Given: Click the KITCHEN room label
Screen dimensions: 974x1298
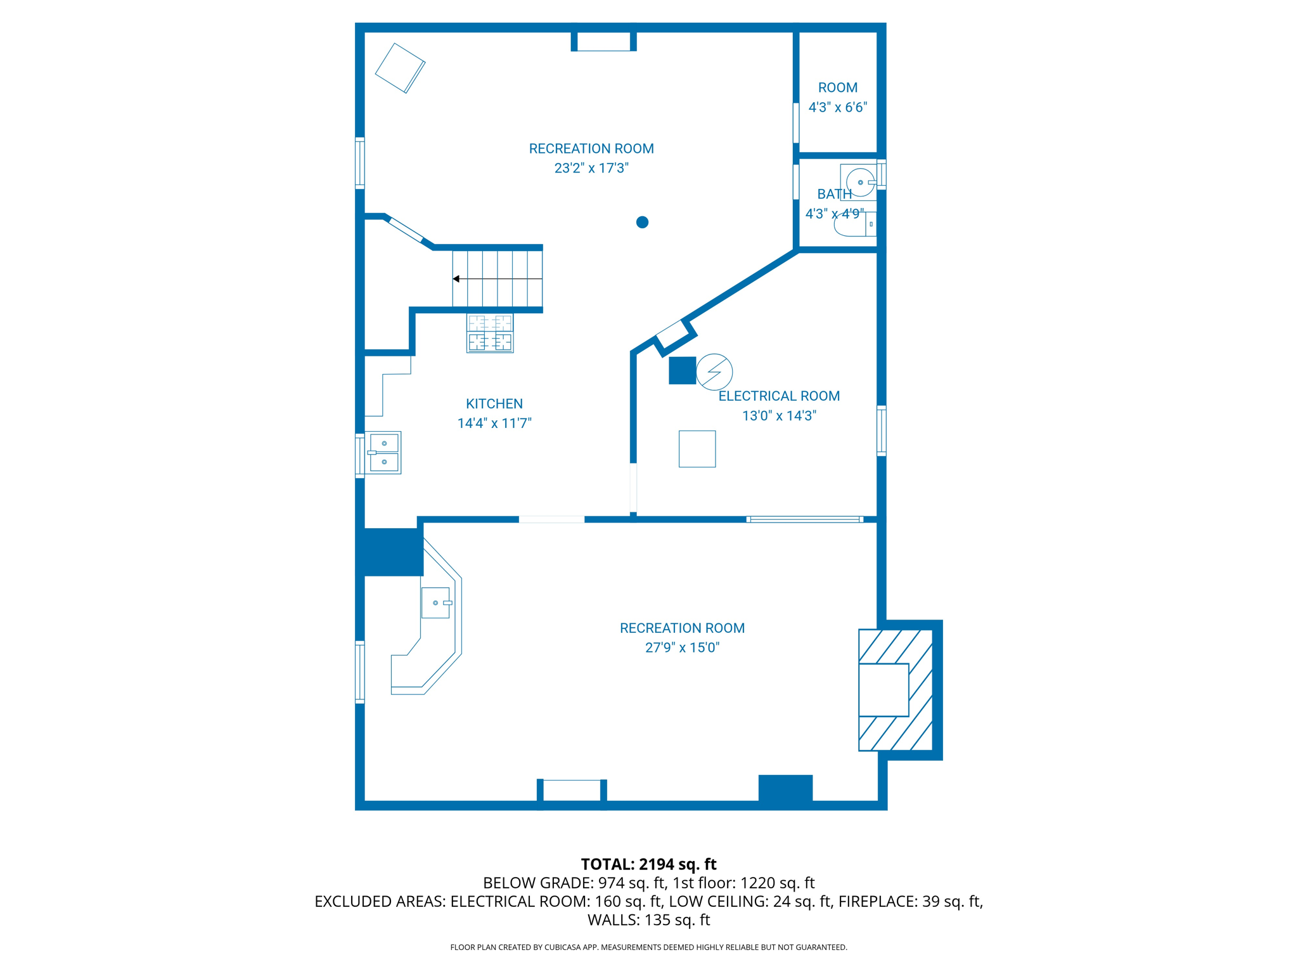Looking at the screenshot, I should (494, 404).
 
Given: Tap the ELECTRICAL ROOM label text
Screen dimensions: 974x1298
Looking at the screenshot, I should (779, 396).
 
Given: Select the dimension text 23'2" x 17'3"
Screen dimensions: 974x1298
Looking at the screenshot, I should (591, 168).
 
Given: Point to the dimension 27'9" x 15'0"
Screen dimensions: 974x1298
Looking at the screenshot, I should (682, 647).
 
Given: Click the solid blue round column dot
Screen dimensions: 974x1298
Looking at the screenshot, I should (642, 222).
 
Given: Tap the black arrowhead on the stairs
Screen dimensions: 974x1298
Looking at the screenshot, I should (456, 279).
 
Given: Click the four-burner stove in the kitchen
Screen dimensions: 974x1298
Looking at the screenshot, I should (490, 333).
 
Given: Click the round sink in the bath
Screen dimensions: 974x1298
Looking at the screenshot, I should (860, 182).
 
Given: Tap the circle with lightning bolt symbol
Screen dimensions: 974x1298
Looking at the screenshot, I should (714, 372).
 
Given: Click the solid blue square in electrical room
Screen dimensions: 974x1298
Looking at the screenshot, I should (682, 371).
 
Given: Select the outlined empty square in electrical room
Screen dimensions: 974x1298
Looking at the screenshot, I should (697, 449).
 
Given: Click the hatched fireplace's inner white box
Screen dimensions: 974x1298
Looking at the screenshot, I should (884, 690).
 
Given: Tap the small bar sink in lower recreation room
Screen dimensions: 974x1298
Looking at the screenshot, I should (435, 602).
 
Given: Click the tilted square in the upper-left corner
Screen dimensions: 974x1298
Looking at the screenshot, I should (400, 68).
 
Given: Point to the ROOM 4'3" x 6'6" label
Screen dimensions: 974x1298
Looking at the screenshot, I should (837, 97).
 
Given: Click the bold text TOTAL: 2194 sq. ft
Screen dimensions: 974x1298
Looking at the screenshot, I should (648, 864).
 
